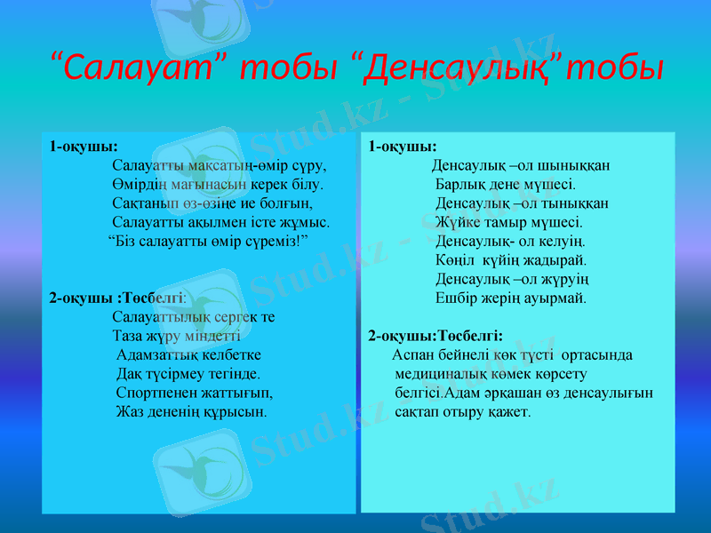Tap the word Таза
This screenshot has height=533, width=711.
(x=129, y=337)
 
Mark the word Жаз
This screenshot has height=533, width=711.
(x=130, y=412)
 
